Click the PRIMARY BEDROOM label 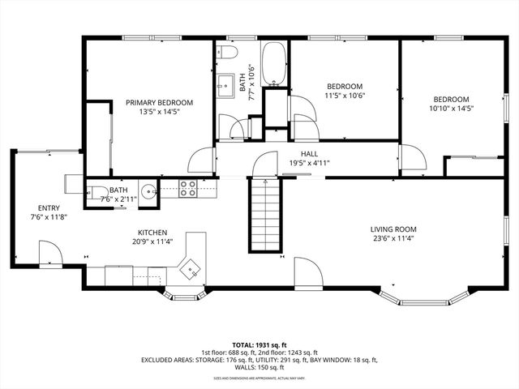(159, 103)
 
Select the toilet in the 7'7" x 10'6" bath (229, 53)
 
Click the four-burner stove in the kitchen (188, 189)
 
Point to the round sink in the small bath (148, 192)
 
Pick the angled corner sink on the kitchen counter (192, 268)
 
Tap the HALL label (309, 153)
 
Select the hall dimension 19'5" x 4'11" (309, 163)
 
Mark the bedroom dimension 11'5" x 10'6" (345, 96)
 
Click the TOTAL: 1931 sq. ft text (259, 344)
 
